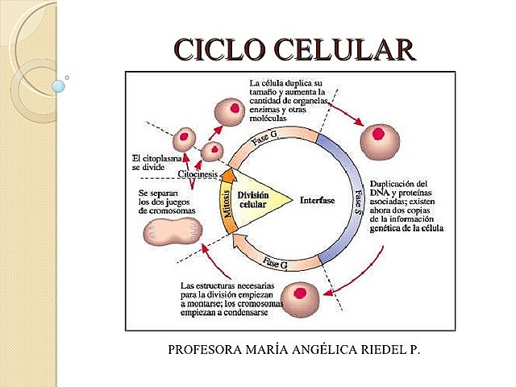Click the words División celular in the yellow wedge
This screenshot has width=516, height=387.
(x=254, y=199)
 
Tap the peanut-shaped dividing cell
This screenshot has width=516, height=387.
(x=169, y=234)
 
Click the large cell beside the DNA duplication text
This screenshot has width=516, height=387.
(x=380, y=142)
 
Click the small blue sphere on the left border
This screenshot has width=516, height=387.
(x=57, y=85)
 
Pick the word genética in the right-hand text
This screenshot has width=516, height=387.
(x=386, y=229)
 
